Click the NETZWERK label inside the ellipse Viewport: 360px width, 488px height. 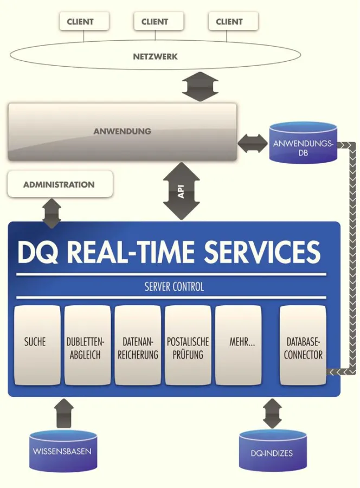[155, 56]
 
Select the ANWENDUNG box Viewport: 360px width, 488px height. [122, 132]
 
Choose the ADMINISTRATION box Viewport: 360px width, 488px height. [60, 184]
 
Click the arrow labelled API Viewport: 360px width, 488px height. [181, 191]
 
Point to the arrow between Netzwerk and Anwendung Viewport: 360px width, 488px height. [200, 87]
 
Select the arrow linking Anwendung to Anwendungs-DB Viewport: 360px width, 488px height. [252, 144]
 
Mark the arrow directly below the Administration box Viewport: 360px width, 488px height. [52, 212]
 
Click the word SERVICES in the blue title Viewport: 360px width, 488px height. [262, 252]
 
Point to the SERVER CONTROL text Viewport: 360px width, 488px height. [174, 287]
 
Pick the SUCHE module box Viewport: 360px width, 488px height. [36, 345]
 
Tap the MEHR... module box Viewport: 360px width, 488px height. [238, 345]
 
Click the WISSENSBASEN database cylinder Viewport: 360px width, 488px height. [62, 451]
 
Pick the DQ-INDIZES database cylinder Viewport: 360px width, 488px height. [272, 451]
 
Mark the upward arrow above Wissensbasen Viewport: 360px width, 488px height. [64, 413]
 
